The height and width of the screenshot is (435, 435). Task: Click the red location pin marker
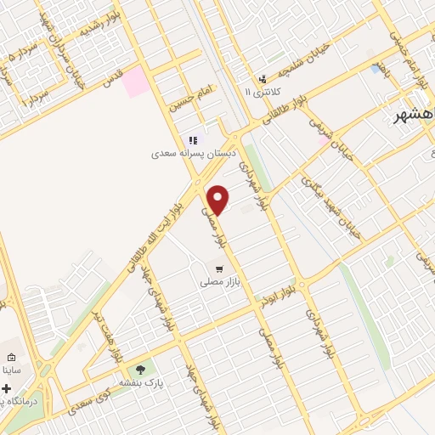click(x=218, y=200)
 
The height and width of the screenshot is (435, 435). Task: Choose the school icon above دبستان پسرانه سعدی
click(x=193, y=140)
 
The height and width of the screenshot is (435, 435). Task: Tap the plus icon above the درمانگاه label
click(x=7, y=388)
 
